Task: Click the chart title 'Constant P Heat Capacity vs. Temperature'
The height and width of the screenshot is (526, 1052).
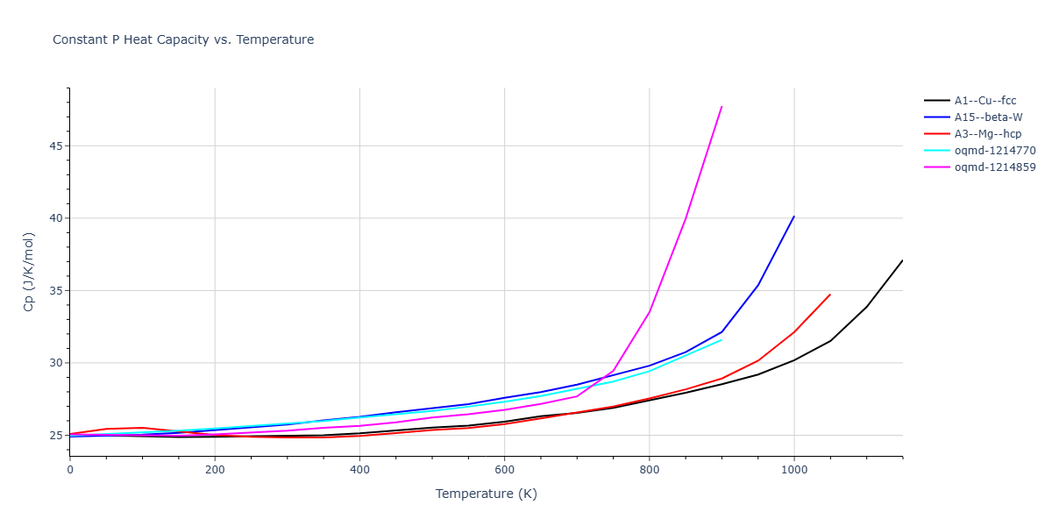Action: pyautogui.click(x=183, y=39)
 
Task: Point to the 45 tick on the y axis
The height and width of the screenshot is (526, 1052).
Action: pyautogui.click(x=56, y=146)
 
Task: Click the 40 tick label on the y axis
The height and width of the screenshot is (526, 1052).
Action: pyautogui.click(x=56, y=218)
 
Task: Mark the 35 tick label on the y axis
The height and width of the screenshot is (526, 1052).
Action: pyautogui.click(x=56, y=290)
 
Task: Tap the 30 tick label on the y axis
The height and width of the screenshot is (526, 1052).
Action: pyautogui.click(x=56, y=363)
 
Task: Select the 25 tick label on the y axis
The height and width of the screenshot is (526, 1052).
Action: pyautogui.click(x=56, y=436)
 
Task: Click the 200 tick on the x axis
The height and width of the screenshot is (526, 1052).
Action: pyautogui.click(x=215, y=470)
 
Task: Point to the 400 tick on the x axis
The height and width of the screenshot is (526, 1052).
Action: pyautogui.click(x=359, y=470)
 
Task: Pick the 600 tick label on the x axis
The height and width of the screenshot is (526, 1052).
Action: pyautogui.click(x=504, y=470)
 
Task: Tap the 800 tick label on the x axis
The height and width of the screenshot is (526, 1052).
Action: pyautogui.click(x=649, y=470)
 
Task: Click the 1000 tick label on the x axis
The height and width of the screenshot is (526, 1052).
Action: pyautogui.click(x=793, y=470)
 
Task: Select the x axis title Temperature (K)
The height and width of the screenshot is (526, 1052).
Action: pyautogui.click(x=486, y=494)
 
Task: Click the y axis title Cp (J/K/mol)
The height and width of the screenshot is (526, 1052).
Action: pyautogui.click(x=29, y=272)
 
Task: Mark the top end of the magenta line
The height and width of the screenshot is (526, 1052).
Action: pyautogui.click(x=721, y=106)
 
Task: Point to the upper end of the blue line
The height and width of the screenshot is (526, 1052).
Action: pyautogui.click(x=794, y=216)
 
